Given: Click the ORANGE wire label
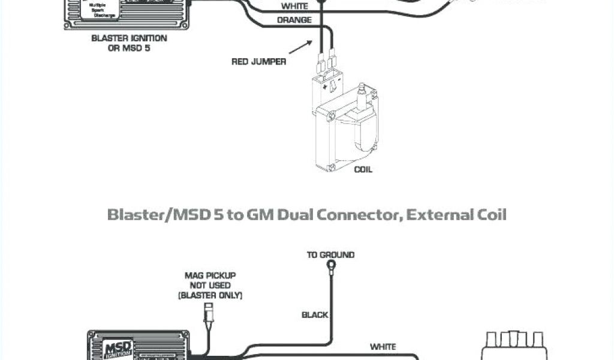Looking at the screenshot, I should [x=294, y=20].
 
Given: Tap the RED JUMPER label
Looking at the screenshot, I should [x=259, y=61].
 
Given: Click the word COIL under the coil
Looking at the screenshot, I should [x=363, y=169].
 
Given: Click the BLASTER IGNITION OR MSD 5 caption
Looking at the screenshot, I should [x=129, y=43].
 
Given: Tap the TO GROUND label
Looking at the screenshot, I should [x=330, y=255].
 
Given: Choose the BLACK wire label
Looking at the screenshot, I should [x=315, y=315].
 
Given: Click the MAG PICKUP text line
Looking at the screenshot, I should [x=209, y=276].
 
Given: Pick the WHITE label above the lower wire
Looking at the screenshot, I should [x=383, y=346].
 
